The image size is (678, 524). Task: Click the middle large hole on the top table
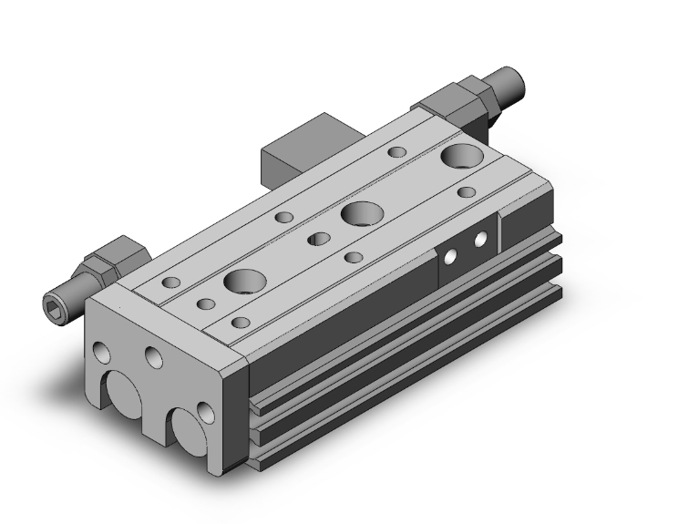360,215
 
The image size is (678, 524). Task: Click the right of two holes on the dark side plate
480,241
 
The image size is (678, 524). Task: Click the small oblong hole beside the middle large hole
318,239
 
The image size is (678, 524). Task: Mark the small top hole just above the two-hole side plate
467,192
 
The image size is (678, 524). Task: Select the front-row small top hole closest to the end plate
241,322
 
